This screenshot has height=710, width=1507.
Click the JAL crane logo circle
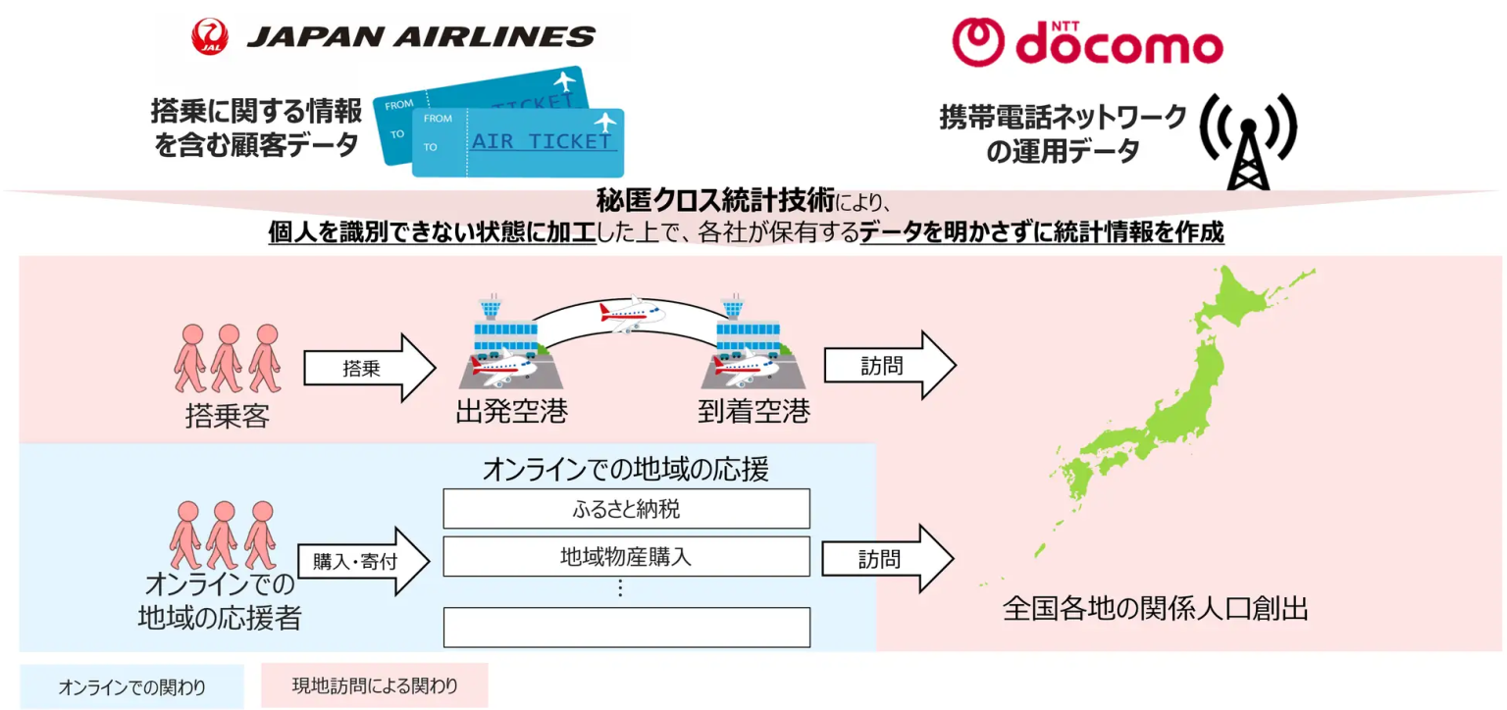click(210, 37)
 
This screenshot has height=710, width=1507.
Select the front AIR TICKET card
click(518, 142)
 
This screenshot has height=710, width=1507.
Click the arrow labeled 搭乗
click(368, 369)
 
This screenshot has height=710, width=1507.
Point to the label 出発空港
click(511, 412)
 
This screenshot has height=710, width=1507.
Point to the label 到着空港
click(753, 412)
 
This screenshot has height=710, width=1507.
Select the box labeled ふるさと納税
click(626, 509)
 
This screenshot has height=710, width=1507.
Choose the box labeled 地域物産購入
click(626, 556)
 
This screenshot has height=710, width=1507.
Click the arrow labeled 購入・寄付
click(364, 562)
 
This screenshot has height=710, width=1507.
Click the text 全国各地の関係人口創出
click(1155, 609)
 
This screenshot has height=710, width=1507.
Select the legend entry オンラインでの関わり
click(131, 686)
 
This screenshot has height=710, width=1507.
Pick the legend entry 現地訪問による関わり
click(374, 685)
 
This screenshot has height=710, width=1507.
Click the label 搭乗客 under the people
click(227, 417)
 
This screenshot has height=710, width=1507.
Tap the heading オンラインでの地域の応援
click(625, 469)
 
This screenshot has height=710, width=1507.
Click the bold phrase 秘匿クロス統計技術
click(715, 201)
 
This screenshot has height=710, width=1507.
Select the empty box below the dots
click(626, 627)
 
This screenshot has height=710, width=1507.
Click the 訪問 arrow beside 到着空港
click(889, 365)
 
